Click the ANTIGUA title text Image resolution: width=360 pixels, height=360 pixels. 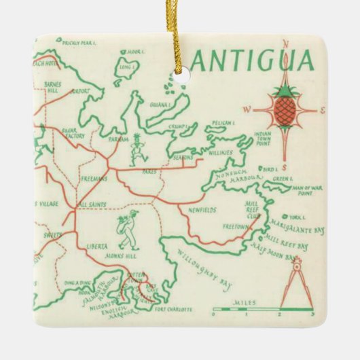(251, 61)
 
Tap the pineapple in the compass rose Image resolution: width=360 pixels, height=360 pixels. (284, 107)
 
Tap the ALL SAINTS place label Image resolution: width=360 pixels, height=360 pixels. (92, 204)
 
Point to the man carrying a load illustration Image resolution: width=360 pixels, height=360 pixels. (127, 228)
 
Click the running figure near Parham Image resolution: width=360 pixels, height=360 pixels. (139, 147)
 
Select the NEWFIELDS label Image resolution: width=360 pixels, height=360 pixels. (203, 211)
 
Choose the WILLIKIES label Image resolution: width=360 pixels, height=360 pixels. (220, 153)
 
